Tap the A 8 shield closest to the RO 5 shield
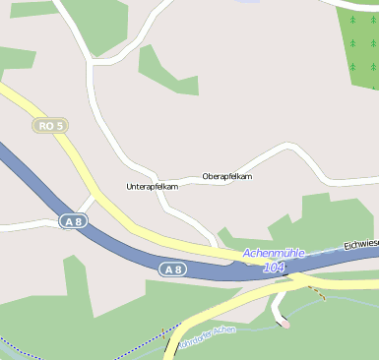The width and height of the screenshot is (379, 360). (72, 222)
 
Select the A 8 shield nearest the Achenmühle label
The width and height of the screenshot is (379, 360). (172, 269)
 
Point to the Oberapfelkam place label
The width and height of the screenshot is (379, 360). (226, 176)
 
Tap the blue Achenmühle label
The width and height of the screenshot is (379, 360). (273, 254)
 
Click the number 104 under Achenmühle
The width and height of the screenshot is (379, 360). (274, 267)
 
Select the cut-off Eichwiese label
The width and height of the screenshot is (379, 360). (360, 243)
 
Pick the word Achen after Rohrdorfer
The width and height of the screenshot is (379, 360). (224, 330)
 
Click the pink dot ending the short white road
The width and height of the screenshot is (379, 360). (286, 325)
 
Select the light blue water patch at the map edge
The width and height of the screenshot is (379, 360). (246, 2)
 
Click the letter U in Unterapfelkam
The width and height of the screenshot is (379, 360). (129, 185)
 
